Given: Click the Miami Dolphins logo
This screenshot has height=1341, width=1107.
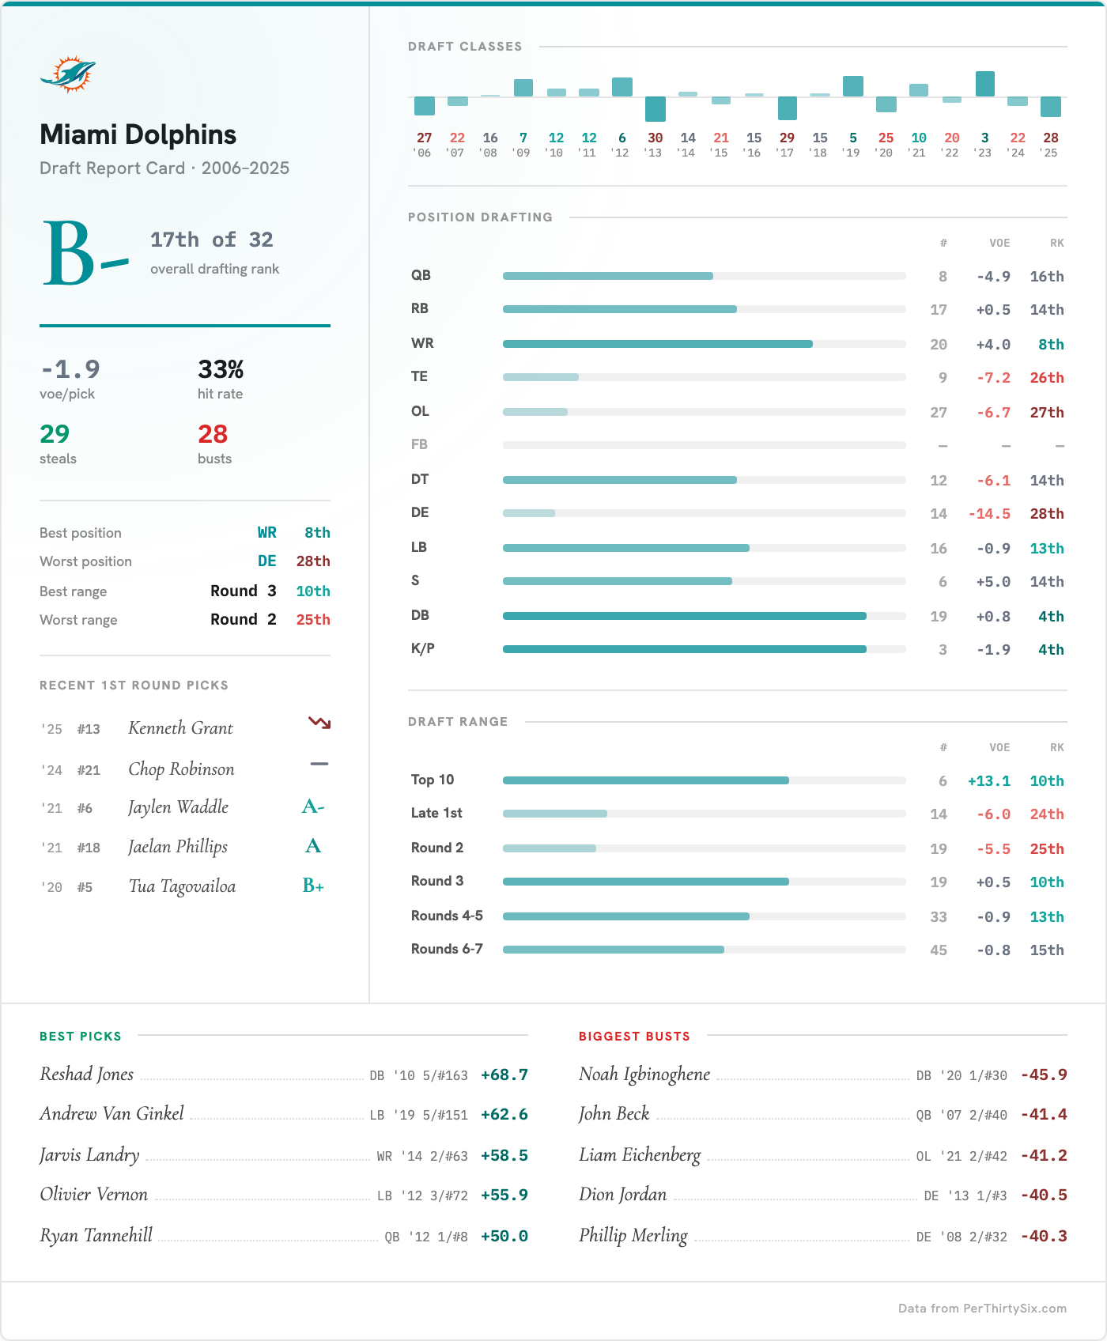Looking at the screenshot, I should pyautogui.click(x=68, y=74).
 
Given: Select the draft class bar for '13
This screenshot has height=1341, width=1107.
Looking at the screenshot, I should pyautogui.click(x=655, y=109).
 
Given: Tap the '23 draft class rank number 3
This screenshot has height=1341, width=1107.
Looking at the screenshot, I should pyautogui.click(x=984, y=138).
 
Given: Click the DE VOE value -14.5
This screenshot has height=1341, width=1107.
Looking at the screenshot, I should pyautogui.click(x=989, y=514).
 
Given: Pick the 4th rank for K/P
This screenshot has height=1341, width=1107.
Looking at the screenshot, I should pyautogui.click(x=1050, y=650).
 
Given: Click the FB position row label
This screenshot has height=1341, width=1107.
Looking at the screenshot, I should pyautogui.click(x=419, y=444).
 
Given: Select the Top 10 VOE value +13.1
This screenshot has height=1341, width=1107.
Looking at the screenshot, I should pyautogui.click(x=988, y=781).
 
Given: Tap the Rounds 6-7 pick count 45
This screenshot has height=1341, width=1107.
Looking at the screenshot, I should pyautogui.click(x=938, y=950).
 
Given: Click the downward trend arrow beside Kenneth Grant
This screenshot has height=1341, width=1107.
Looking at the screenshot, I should pyautogui.click(x=319, y=723).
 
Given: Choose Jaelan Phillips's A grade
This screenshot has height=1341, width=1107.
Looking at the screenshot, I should pyautogui.click(x=313, y=846).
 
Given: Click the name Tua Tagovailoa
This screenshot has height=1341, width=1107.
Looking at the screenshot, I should pyautogui.click(x=182, y=886).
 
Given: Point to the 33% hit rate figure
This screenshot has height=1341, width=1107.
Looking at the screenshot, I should pyautogui.click(x=221, y=369).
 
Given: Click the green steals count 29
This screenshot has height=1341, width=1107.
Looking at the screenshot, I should pyautogui.click(x=55, y=434).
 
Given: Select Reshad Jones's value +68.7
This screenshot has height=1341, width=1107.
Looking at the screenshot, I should pyautogui.click(x=504, y=1075).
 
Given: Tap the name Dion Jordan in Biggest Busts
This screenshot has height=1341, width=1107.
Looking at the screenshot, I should pyautogui.click(x=622, y=1195).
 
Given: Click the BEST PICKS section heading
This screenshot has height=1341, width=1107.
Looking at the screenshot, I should pyautogui.click(x=81, y=1037).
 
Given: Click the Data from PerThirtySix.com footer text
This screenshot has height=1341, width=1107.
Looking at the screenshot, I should pyautogui.click(x=981, y=1309).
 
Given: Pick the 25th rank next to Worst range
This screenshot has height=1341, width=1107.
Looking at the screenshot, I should pyautogui.click(x=313, y=620).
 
